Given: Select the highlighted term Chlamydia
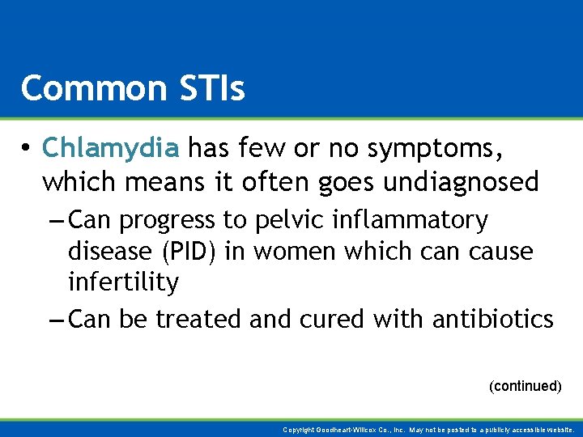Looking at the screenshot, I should tap(110, 147).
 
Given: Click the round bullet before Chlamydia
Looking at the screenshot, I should tap(27, 148).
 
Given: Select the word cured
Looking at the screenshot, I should tap(330, 320).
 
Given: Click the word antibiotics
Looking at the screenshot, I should tap(492, 320).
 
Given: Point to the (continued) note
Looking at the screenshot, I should tap(525, 386).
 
